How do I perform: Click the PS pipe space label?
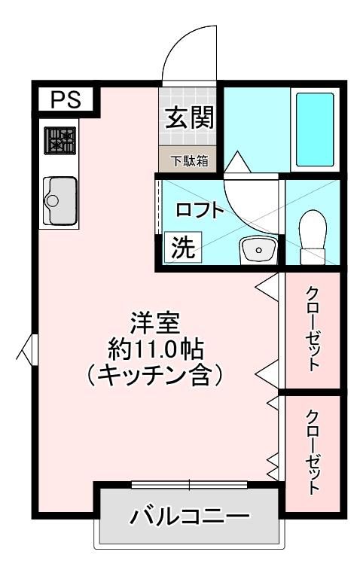(x=66, y=99)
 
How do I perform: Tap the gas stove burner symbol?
(x=60, y=141)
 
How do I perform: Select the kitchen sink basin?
(x=60, y=200)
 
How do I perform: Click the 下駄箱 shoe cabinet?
(x=188, y=160)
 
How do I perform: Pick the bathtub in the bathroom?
(x=315, y=130)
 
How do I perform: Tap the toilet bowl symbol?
(x=313, y=236)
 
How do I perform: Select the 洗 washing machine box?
(x=183, y=247)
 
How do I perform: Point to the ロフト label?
(x=199, y=210)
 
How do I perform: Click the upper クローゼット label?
(x=313, y=329)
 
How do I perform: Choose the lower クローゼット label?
(x=313, y=453)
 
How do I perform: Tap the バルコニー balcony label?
(x=190, y=516)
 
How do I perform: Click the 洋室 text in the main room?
(x=155, y=323)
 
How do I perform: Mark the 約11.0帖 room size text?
(x=155, y=349)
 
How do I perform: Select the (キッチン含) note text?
(x=155, y=376)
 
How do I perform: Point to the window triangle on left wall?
(x=25, y=349)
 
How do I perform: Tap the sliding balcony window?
(x=190, y=485)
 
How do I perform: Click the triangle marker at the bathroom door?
(x=237, y=162)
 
